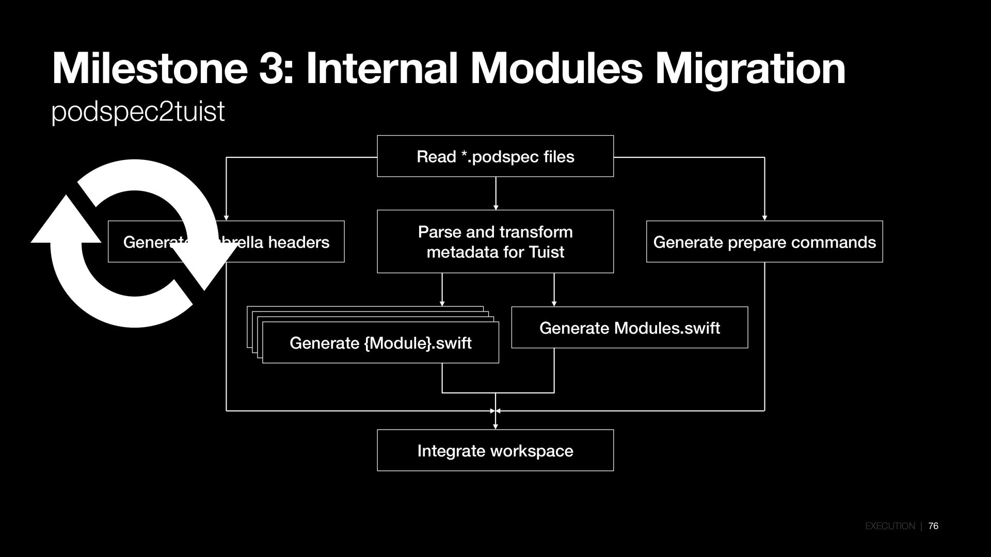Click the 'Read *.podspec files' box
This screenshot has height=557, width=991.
(495, 156)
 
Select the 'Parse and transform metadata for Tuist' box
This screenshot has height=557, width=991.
(495, 241)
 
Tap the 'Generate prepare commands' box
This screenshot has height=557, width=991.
(764, 242)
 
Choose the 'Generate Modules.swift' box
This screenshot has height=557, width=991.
(629, 327)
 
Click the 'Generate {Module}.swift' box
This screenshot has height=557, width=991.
(380, 343)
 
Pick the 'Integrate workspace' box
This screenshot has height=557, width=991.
(495, 450)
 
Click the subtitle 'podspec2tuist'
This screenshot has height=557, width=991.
(138, 111)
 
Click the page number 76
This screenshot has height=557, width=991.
(933, 526)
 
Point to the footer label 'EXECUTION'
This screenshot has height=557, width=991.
(890, 526)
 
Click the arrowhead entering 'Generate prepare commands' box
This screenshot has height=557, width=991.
(764, 218)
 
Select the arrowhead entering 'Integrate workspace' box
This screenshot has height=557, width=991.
(495, 427)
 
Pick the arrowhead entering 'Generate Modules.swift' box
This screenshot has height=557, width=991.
(554, 304)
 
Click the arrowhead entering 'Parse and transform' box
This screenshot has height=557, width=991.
(495, 207)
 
